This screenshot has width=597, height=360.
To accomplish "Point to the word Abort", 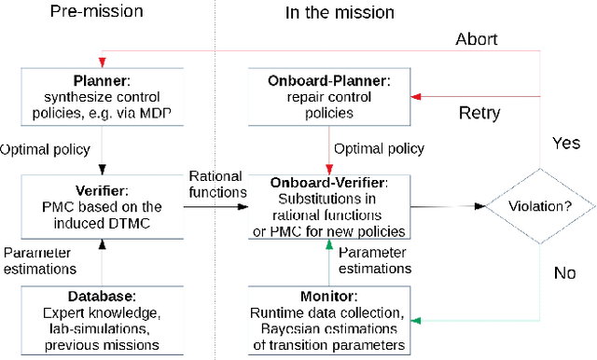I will click(477, 40).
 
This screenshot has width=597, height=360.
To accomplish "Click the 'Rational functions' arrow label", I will click(216, 184).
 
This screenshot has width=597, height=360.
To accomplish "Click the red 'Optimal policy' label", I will click(378, 148).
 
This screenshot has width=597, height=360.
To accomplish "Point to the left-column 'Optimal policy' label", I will click(46, 148).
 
